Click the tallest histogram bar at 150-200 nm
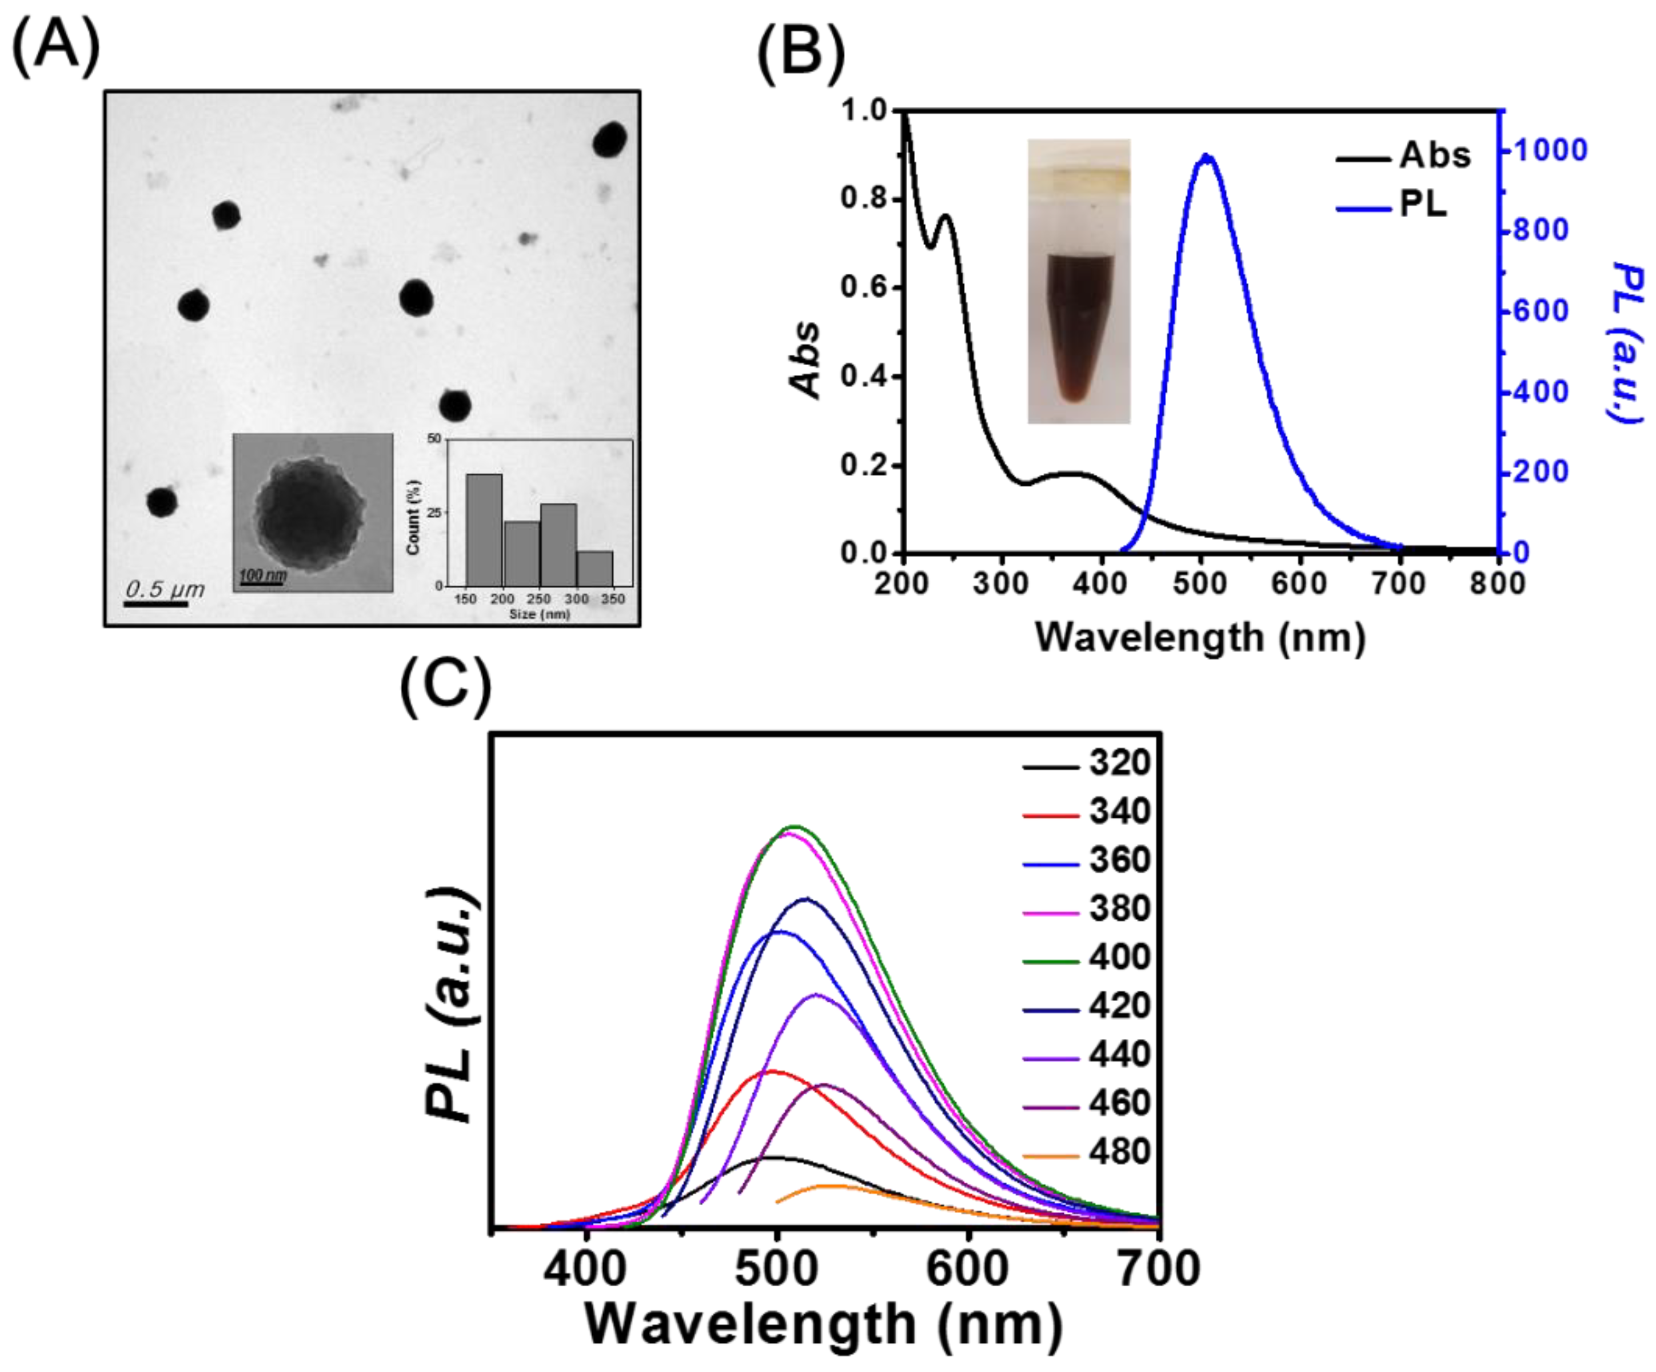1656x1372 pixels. click(484, 529)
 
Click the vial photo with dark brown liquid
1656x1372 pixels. click(1078, 282)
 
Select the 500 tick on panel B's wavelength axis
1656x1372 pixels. click(1200, 584)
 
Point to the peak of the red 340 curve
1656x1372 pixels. click(771, 1071)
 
